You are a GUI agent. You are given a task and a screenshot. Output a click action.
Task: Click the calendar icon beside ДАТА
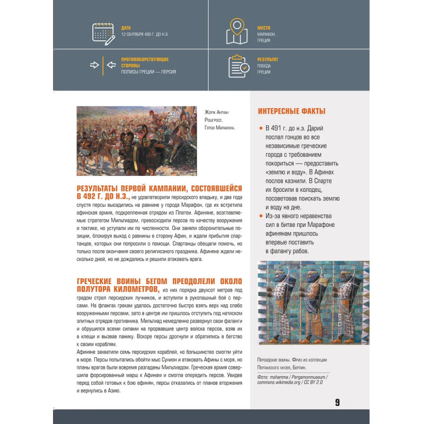click(x=103, y=33)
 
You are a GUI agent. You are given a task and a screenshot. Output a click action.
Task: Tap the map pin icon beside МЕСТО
click(x=236, y=31)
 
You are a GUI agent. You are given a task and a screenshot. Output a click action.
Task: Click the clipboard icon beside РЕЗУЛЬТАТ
click(x=238, y=66)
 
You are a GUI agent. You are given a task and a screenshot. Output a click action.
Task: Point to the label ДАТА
click(x=126, y=28)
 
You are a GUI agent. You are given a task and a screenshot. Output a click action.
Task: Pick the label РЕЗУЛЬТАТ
click(x=268, y=59)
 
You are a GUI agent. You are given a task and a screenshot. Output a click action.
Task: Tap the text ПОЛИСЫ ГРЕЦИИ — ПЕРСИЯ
click(x=148, y=72)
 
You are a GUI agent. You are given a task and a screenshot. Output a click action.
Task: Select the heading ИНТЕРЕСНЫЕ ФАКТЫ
click(x=291, y=111)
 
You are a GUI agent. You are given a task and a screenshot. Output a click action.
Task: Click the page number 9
click(x=337, y=402)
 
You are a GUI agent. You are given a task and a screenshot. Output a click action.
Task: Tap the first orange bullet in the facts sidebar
click(x=261, y=128)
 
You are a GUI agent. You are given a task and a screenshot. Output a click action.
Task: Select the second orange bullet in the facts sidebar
click(x=261, y=216)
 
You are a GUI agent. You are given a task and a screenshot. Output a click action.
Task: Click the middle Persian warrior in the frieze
click(x=312, y=302)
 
